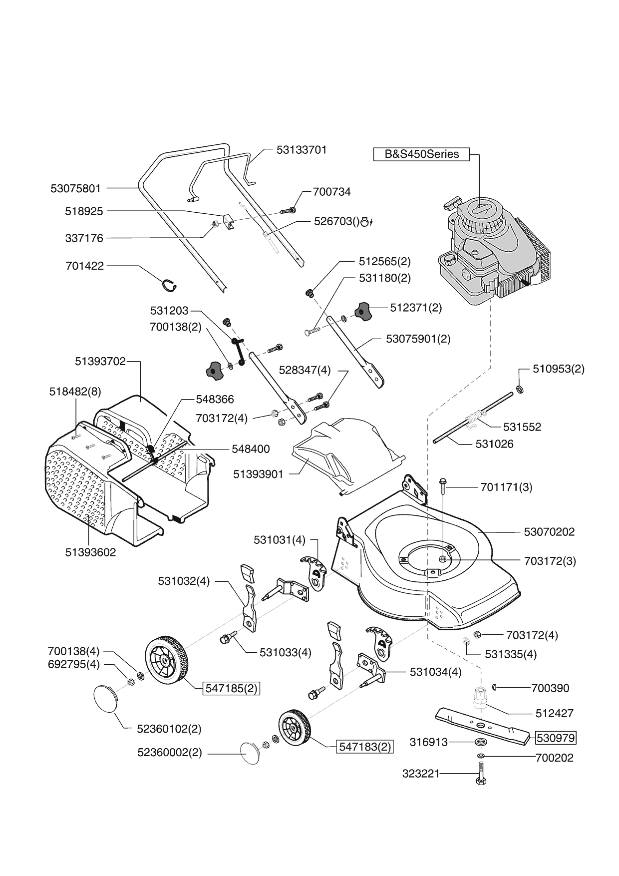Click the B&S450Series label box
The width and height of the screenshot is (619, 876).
click(x=421, y=154)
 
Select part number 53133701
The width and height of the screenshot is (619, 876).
click(x=302, y=150)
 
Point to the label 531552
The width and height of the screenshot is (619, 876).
click(x=522, y=427)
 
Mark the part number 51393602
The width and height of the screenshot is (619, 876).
click(x=90, y=552)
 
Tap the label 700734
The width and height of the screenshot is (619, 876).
click(x=331, y=192)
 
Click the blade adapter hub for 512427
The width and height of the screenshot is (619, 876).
click(x=480, y=697)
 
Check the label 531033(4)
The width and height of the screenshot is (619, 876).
click(x=285, y=652)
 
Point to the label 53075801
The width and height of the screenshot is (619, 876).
click(x=75, y=188)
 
